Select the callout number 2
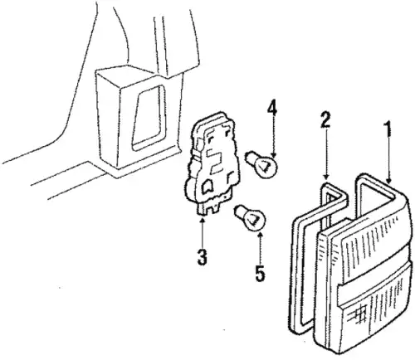325,119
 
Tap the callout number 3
203,257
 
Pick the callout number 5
260,273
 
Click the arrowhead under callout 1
388,181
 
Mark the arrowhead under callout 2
326,176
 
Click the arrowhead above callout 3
203,221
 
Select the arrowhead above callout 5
260,235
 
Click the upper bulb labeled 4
262,163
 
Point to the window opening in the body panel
148,118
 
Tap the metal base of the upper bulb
251,158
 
